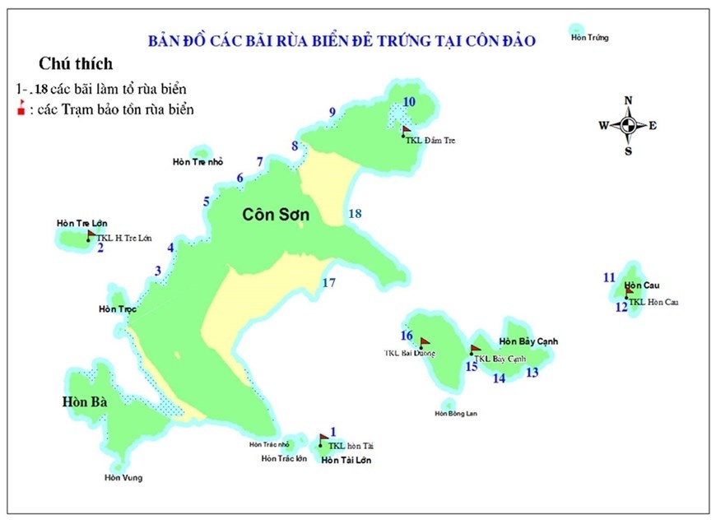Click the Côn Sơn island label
pyautogui.click(x=277, y=215)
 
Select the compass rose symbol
pyautogui.click(x=628, y=126)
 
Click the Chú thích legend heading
pyautogui.click(x=76, y=63)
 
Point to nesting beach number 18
pyautogui.click(x=355, y=214)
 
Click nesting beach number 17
pyautogui.click(x=329, y=283)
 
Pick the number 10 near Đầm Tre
pyautogui.click(x=409, y=101)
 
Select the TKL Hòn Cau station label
pyautogui.click(x=654, y=302)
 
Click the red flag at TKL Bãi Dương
pyautogui.click(x=425, y=341)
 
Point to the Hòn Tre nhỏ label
pyautogui.click(x=198, y=161)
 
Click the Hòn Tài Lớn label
pyautogui.click(x=346, y=460)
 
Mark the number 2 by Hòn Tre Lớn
pyautogui.click(x=100, y=247)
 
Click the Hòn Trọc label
pyautogui.click(x=117, y=309)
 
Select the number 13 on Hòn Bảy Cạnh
pyautogui.click(x=532, y=373)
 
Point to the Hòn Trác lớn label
pyautogui.click(x=284, y=458)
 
